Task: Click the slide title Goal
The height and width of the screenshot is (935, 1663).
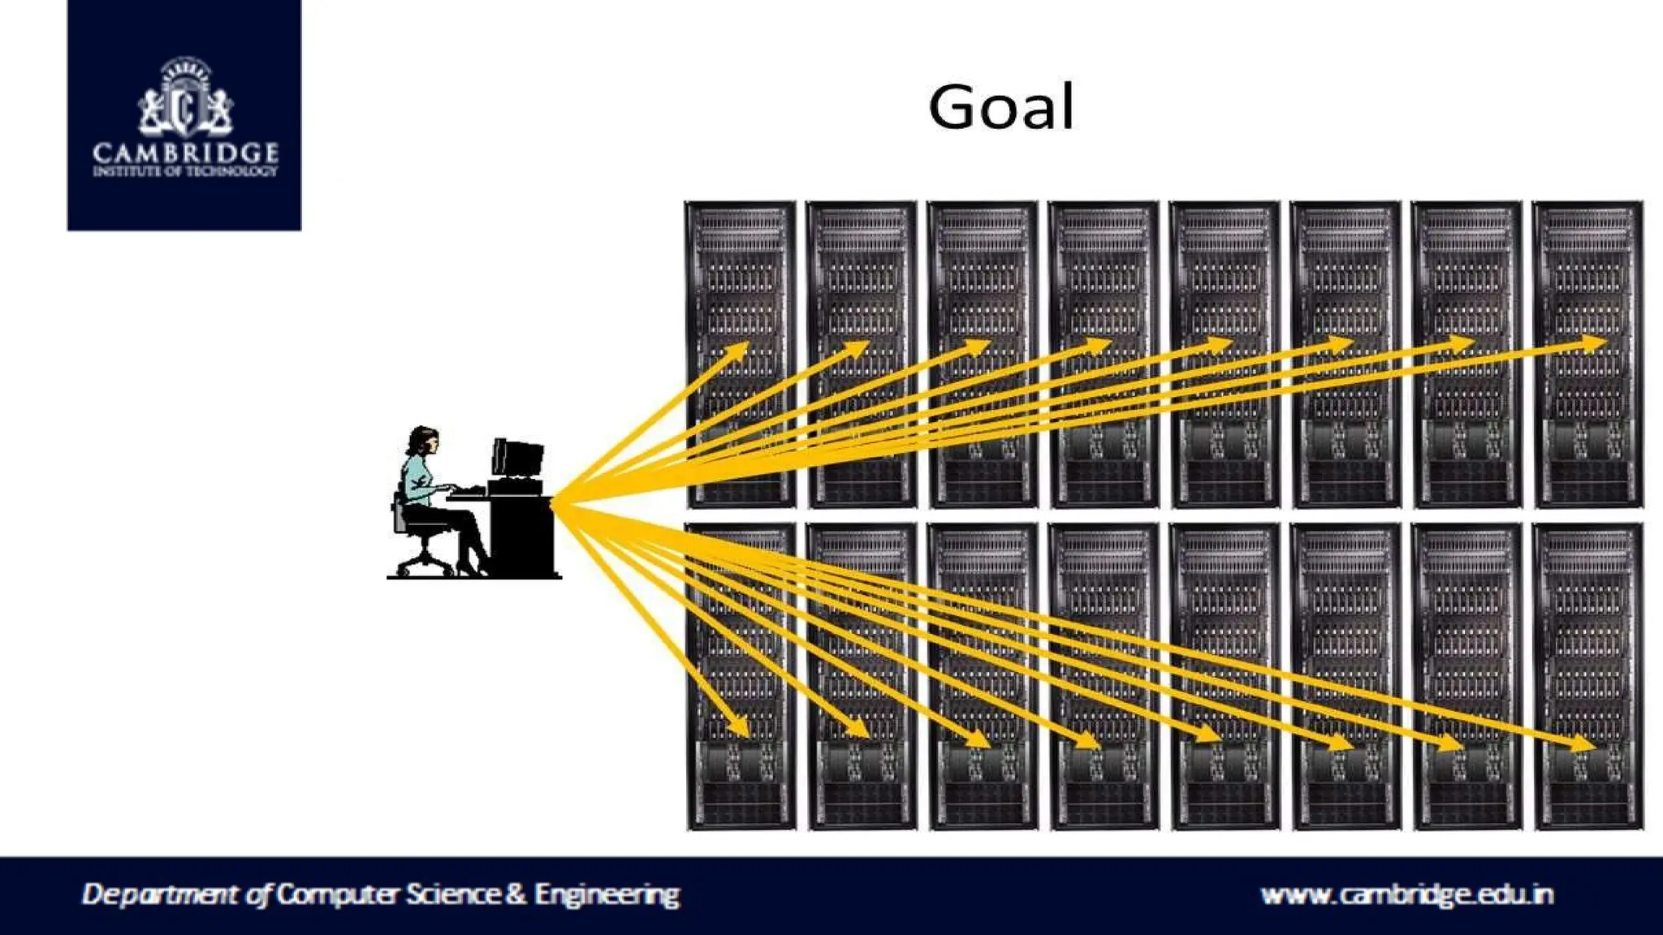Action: (x=1001, y=108)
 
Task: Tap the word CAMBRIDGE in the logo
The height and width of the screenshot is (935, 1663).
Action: (x=185, y=153)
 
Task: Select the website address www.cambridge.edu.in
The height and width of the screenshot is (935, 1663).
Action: (x=1407, y=894)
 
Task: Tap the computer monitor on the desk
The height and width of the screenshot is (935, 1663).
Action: (x=517, y=459)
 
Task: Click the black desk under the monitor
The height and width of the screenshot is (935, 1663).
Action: (x=522, y=536)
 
